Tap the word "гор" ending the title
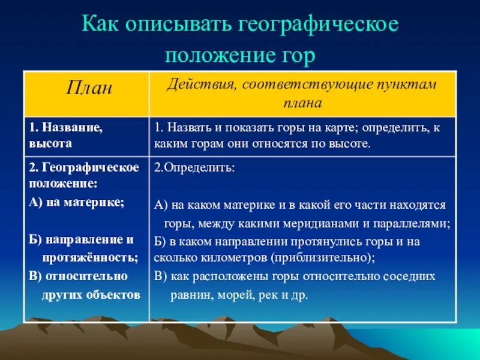tap(298, 55)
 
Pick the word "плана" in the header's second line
tap(302, 102)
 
